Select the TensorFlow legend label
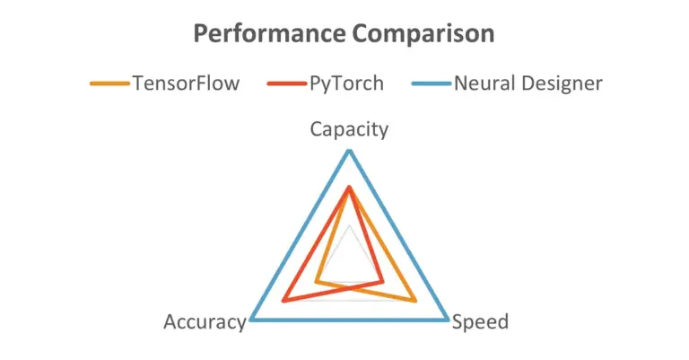[x=186, y=83]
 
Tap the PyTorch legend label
[x=346, y=83]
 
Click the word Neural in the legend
[x=483, y=83]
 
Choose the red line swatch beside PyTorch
[x=286, y=84]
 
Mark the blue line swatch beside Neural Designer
[x=431, y=84]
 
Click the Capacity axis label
[x=349, y=129]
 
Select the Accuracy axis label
[x=205, y=322]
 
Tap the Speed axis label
[x=480, y=322]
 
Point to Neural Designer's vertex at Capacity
[x=349, y=150]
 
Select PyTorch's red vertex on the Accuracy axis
[x=283, y=300]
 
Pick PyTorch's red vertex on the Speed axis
[x=382, y=282]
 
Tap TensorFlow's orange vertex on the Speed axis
[x=414, y=300]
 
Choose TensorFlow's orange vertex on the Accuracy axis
[x=317, y=282]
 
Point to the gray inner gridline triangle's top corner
[x=349, y=225]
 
